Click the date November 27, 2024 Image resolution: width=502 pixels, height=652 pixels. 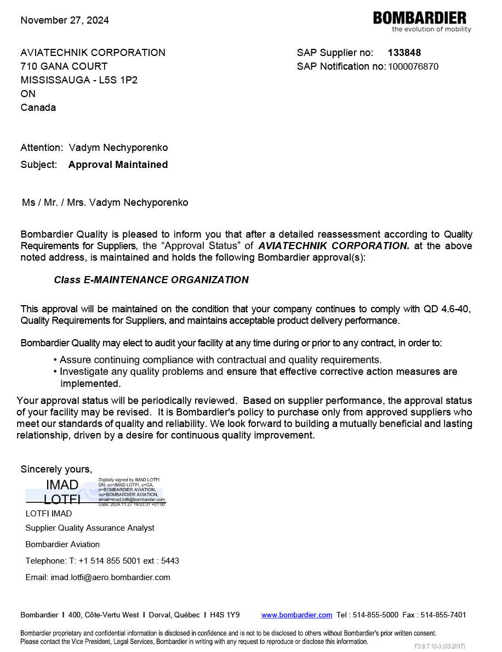(65, 20)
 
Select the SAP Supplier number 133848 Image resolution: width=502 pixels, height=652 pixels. (404, 53)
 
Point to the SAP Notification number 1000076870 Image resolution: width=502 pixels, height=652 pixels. (413, 67)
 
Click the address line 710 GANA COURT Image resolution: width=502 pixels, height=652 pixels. (64, 66)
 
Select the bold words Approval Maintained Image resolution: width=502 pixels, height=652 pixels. (118, 165)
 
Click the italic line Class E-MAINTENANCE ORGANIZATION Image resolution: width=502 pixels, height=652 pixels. (151, 280)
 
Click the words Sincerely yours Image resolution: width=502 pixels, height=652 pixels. (56, 469)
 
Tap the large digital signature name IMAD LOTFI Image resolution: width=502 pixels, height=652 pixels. (62, 492)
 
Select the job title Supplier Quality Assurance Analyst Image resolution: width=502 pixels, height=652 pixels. (90, 528)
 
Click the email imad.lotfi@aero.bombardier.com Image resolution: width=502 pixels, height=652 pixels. (110, 577)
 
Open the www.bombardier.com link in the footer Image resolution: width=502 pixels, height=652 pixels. (296, 615)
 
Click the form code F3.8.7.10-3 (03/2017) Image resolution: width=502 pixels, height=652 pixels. (440, 647)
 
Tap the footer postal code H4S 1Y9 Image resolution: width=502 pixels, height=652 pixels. (225, 615)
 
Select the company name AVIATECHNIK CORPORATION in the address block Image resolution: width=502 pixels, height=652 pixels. (93, 53)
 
